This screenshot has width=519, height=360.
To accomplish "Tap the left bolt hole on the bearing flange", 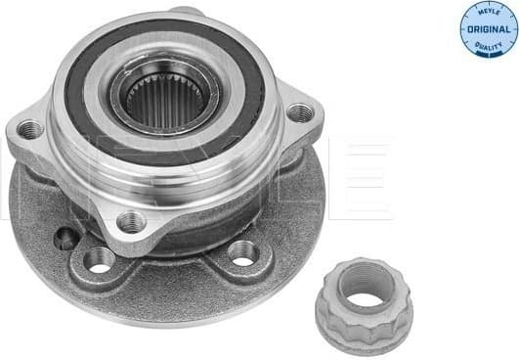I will coord(30,129).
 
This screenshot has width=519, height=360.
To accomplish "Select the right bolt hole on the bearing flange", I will coord(299,113).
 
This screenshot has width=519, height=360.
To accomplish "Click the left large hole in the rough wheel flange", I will coord(99,259).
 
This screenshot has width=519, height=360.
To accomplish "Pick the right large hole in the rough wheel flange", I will coord(242,253).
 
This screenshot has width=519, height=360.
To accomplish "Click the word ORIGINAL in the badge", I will coord(489,29).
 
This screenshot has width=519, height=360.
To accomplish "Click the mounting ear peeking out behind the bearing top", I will coord(188,11).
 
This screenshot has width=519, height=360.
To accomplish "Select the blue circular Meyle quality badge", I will coord(489,28).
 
